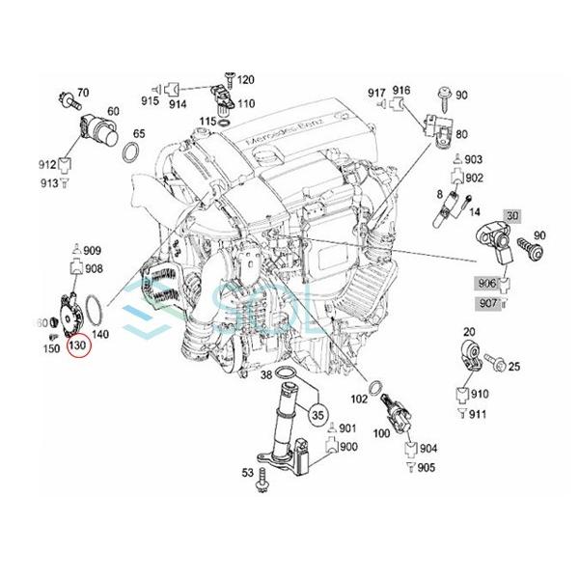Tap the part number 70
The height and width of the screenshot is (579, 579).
83,93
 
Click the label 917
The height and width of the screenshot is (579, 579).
377,92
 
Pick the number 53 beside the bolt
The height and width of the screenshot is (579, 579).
247,472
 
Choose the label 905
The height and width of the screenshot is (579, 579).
427,467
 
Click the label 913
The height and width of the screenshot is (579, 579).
47,182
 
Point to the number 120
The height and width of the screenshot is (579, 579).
246,79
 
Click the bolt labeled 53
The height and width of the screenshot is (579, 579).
261,482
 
